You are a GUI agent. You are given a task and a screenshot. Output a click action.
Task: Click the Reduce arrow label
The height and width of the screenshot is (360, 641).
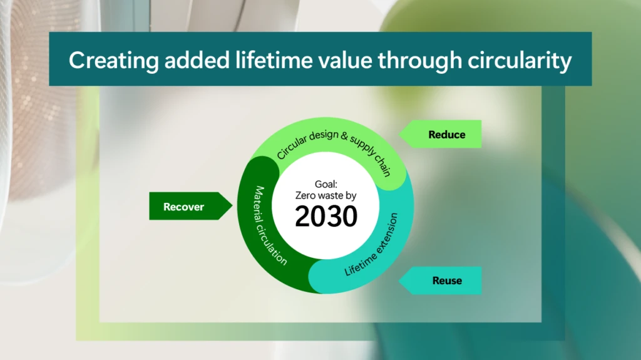(x=446, y=135)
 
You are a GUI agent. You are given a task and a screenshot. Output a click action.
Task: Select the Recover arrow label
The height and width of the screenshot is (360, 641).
(x=183, y=207)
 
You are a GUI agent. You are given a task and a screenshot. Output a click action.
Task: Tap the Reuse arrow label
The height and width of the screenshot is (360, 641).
(x=446, y=280)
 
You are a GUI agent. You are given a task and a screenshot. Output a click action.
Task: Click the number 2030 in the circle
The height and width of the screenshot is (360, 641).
(x=326, y=217)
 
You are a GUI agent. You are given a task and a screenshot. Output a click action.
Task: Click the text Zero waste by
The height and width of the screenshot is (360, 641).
(x=326, y=196)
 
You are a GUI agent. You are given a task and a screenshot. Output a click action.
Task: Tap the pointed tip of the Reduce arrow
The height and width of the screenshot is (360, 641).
(x=399, y=134)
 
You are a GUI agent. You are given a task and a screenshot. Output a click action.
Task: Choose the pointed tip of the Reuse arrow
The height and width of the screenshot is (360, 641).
(x=399, y=280)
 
